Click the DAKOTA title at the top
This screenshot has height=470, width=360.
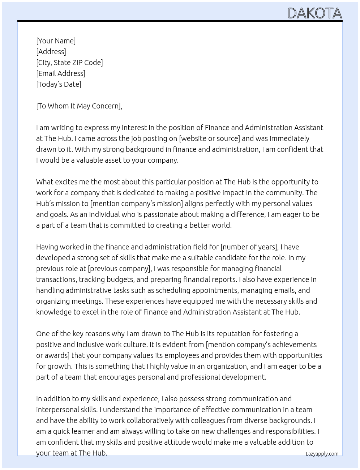[x=314, y=13]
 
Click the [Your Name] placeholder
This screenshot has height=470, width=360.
[x=56, y=41]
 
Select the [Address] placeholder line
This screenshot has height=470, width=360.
[x=51, y=52]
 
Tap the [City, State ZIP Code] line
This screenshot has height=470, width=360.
[x=69, y=63]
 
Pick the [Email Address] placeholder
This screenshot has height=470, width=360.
[x=61, y=73]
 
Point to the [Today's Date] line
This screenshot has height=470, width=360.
[x=59, y=84]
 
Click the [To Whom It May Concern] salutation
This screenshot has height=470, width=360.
[x=79, y=106]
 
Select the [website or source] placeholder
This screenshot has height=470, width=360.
[x=209, y=138]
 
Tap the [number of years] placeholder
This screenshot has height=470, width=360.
[x=249, y=247]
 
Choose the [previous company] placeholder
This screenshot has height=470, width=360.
[x=119, y=269]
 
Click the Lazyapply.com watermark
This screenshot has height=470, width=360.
[x=322, y=454]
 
